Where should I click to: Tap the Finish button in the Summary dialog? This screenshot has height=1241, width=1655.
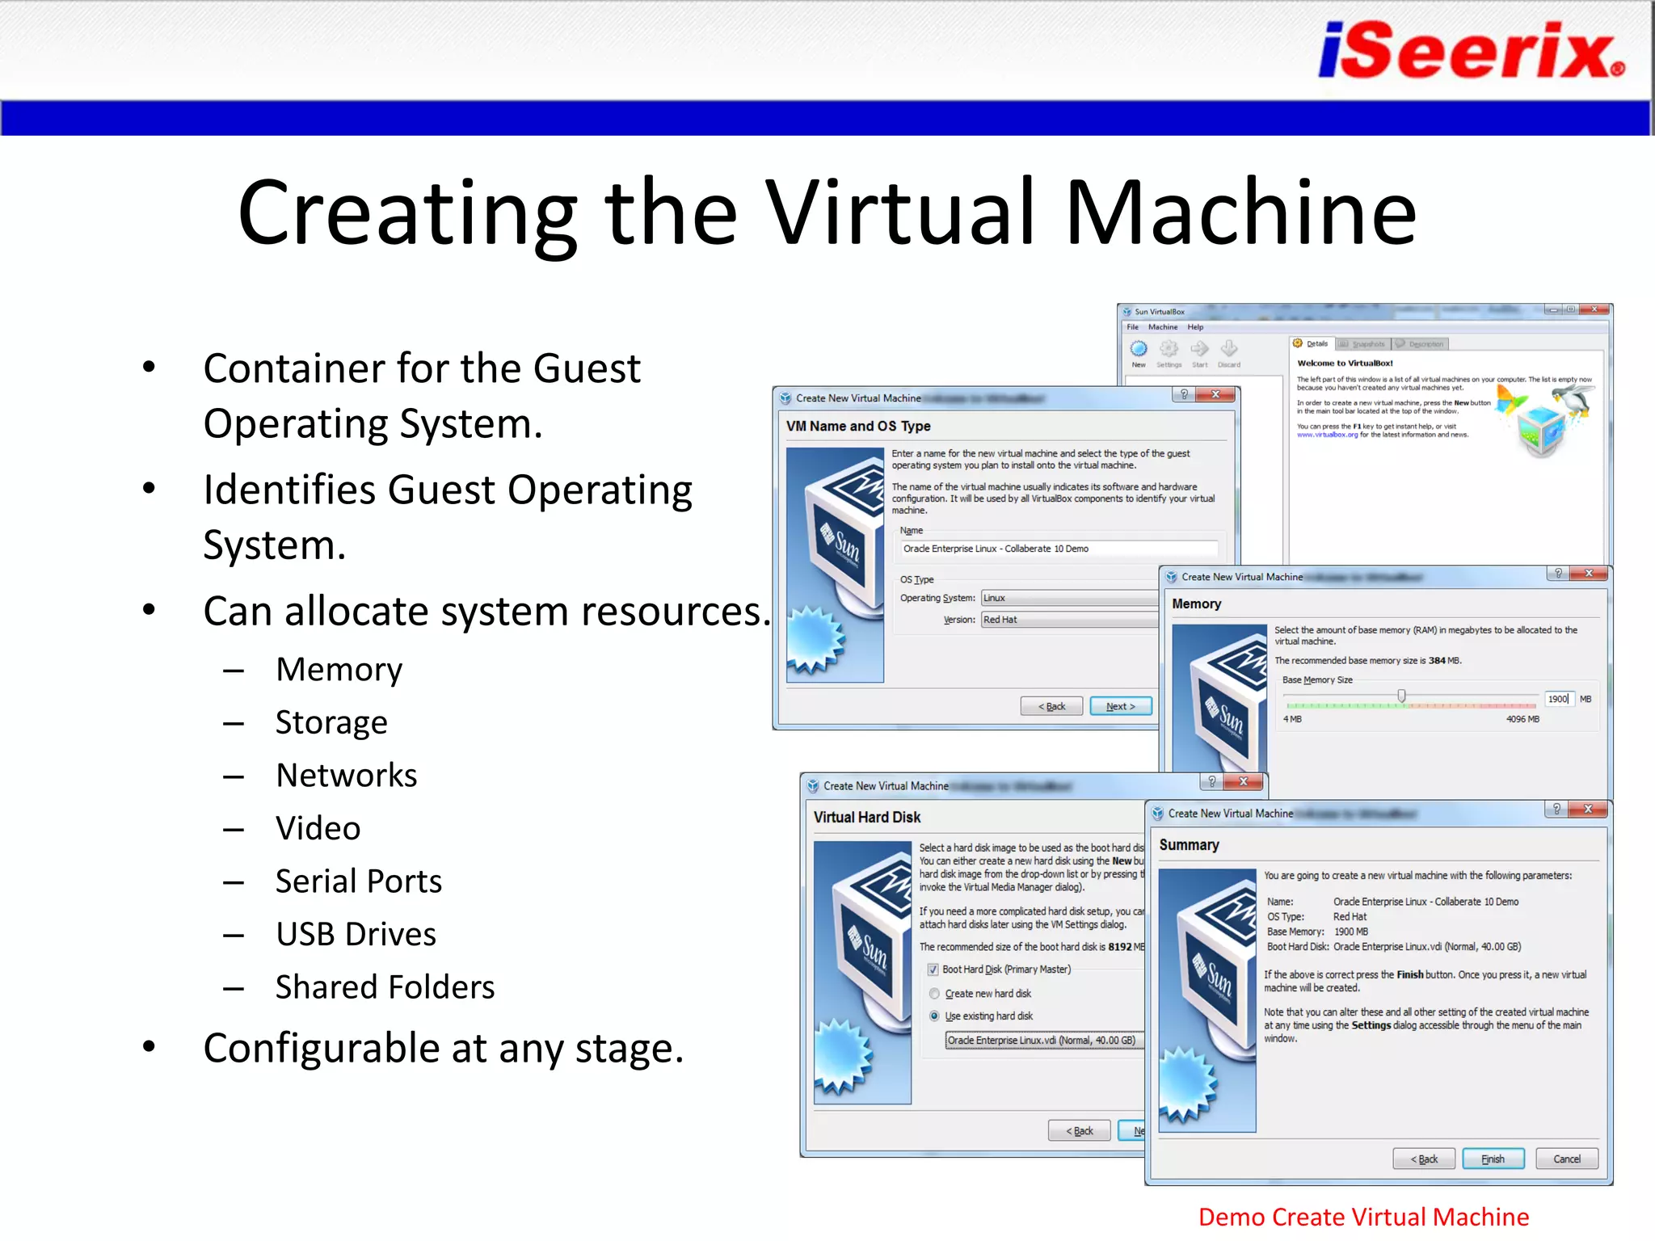[x=1493, y=1159]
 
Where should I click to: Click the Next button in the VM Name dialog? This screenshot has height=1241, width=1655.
[x=1120, y=706]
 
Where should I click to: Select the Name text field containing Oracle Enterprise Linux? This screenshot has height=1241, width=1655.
[x=1059, y=549]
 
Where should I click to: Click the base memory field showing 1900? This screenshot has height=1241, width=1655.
[x=1559, y=699]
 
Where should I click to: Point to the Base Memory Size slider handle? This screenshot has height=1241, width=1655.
[x=1402, y=696]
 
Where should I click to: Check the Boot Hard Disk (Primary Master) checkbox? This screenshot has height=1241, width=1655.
[x=933, y=970]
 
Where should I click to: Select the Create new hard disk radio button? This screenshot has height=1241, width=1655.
[x=934, y=994]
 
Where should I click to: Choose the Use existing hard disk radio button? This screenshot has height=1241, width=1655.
[x=934, y=1016]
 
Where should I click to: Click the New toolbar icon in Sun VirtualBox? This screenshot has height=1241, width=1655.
[x=1139, y=350]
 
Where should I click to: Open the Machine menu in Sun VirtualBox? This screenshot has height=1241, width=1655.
[x=1163, y=327]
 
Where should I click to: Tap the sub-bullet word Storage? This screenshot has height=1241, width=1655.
[x=331, y=722]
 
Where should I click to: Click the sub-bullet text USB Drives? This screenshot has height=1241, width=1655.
[x=356, y=934]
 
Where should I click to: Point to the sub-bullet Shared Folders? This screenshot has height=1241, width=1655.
[x=385, y=987]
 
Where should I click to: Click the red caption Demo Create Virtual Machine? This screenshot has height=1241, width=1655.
[x=1363, y=1217]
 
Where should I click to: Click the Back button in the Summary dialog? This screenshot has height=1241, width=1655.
[x=1424, y=1159]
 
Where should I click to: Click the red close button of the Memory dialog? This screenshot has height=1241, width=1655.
[x=1589, y=574]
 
